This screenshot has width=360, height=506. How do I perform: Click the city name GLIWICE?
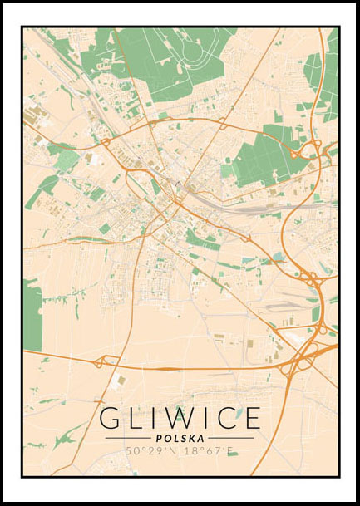click(x=180, y=418)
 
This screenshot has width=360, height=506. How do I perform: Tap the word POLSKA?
click(x=180, y=438)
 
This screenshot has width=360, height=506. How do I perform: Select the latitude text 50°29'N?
click(x=151, y=451)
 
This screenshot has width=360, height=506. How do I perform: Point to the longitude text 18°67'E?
click(x=208, y=451)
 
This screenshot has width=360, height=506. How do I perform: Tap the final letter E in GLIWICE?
click(x=250, y=418)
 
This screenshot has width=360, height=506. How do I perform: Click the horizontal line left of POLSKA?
click(x=128, y=438)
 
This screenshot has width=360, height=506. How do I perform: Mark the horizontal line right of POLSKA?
click(x=230, y=438)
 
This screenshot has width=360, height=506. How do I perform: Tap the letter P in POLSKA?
click(x=158, y=438)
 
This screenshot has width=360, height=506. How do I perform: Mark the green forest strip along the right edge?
click(x=324, y=75)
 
